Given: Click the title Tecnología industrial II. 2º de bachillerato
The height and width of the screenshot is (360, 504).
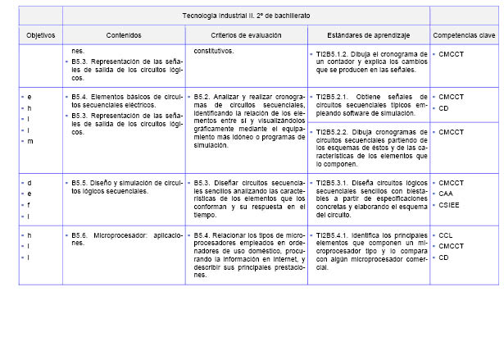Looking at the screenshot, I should coord(246,16).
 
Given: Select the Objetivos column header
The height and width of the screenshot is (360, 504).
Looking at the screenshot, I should coord(40,36).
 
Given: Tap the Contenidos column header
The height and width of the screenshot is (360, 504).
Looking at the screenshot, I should coord(124,36).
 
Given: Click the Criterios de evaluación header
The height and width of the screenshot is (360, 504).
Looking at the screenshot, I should coord(246,36).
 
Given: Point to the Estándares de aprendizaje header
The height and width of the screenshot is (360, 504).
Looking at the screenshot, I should coord(369,36).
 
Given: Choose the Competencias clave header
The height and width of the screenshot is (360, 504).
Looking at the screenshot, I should coord(464,36).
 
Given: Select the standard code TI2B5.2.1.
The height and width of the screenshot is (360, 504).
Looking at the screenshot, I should coord(332,97).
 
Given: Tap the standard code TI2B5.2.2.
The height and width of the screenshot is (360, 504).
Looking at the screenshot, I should coord(332,131).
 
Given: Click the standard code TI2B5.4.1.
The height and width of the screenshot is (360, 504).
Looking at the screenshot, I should coord(332,235).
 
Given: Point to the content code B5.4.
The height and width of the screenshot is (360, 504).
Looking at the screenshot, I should coord(80,97).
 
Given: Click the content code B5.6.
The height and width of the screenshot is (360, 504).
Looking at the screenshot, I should coord(80,235).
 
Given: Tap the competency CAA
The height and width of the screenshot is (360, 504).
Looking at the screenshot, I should coord(446,194).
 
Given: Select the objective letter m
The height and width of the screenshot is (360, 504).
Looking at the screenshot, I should coord(30,141).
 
